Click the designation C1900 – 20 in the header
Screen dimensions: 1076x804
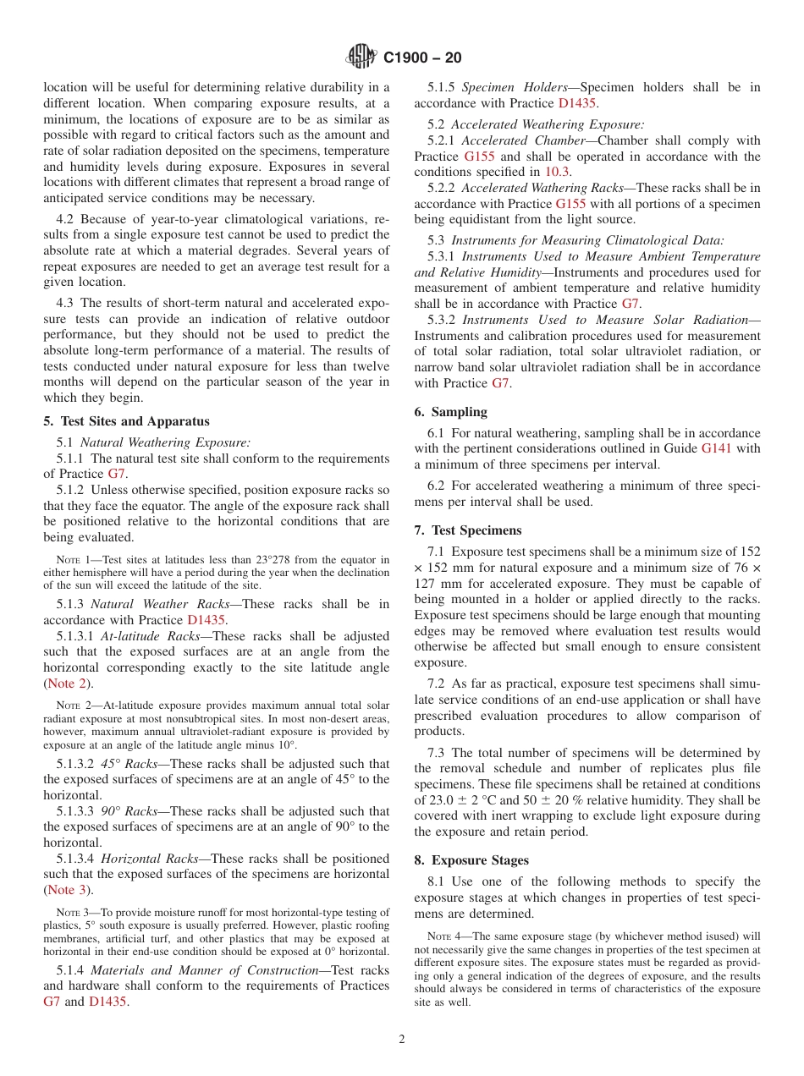[422, 58]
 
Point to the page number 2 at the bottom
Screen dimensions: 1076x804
[402, 1039]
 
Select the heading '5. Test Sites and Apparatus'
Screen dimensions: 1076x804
[126, 421]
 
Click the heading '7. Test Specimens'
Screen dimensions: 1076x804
[467, 530]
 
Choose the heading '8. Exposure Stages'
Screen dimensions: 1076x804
[471, 860]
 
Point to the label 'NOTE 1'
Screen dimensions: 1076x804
[73, 560]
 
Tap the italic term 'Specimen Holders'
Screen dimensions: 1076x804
[514, 87]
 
